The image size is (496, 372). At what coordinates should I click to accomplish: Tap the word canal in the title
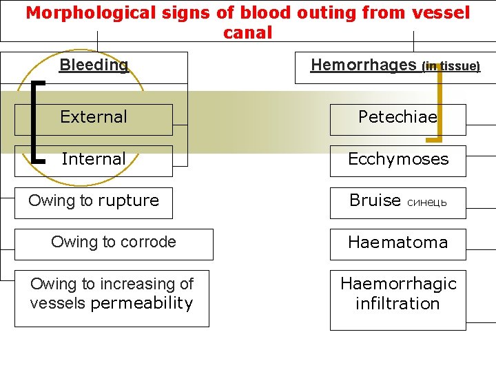248,32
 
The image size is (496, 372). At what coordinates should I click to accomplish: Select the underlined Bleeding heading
94,65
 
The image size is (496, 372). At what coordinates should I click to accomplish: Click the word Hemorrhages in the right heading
364,65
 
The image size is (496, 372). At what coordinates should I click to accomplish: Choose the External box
94,118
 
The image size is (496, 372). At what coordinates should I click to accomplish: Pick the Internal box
94,159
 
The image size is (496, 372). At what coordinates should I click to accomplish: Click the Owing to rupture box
94,201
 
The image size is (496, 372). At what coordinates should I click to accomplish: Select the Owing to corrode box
114,242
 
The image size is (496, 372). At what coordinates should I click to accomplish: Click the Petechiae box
397,118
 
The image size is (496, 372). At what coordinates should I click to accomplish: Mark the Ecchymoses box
397,159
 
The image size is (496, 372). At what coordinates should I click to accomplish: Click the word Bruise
375,200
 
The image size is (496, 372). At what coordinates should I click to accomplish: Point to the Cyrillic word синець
427,203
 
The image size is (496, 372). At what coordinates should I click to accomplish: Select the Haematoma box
397,242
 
